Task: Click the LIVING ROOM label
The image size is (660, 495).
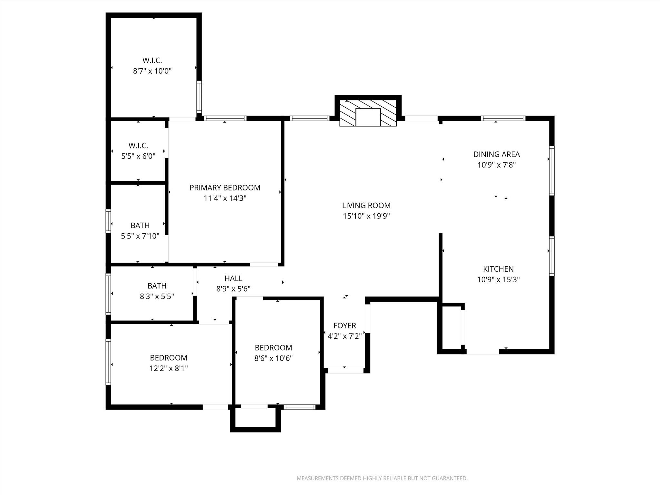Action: tap(366, 205)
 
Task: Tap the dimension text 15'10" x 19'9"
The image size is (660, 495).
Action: tap(366, 216)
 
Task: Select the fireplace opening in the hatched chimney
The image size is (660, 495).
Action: tap(368, 117)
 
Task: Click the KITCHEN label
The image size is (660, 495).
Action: tap(498, 269)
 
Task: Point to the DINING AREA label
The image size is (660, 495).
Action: tap(496, 154)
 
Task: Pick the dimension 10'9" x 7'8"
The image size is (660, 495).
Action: tap(496, 165)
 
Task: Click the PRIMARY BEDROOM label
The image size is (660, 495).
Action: tap(225, 188)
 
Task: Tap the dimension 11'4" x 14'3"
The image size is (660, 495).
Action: tap(225, 198)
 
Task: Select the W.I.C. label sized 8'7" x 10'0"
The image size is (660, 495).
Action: tap(152, 60)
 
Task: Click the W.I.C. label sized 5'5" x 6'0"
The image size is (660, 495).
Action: tap(138, 145)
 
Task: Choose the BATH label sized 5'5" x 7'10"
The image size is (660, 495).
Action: tap(140, 225)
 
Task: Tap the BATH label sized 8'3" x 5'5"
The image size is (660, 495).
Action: tap(157, 286)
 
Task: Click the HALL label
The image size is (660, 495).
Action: tap(233, 278)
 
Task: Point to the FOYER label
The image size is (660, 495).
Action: tap(345, 325)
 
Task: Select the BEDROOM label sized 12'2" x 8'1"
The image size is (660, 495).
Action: tap(168, 358)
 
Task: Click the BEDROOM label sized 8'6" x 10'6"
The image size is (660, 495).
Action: tap(273, 348)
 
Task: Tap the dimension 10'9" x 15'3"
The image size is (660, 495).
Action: tap(498, 279)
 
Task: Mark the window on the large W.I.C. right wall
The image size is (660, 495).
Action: tap(199, 97)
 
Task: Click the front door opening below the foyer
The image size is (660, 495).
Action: tap(345, 371)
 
